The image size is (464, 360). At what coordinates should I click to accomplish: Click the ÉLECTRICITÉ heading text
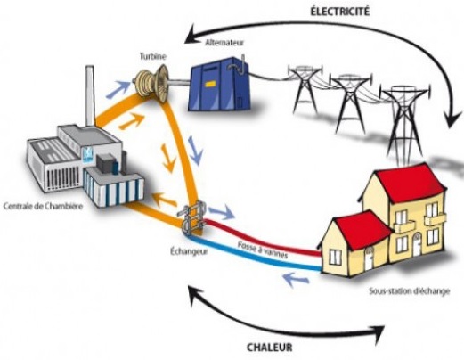340,12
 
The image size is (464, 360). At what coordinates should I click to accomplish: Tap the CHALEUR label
270,348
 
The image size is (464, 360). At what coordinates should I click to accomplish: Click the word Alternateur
224,43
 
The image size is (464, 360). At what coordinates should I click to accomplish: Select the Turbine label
153,56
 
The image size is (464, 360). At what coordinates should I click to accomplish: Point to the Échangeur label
189,251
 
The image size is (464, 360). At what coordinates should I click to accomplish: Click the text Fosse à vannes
263,250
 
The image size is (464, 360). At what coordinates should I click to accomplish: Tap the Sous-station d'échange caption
410,291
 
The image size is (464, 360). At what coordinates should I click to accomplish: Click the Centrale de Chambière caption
44,206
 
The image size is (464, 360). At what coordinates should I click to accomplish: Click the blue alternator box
219,85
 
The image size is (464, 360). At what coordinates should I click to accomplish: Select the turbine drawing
152,84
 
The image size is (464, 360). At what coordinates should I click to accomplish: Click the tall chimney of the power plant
90,96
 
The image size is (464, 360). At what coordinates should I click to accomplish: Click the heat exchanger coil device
193,218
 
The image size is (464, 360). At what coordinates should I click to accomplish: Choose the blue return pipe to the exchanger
256,254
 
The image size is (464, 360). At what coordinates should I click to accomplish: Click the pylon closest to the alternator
305,88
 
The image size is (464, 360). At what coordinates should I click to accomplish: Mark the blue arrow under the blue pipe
296,279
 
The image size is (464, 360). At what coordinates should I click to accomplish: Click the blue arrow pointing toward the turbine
118,89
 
